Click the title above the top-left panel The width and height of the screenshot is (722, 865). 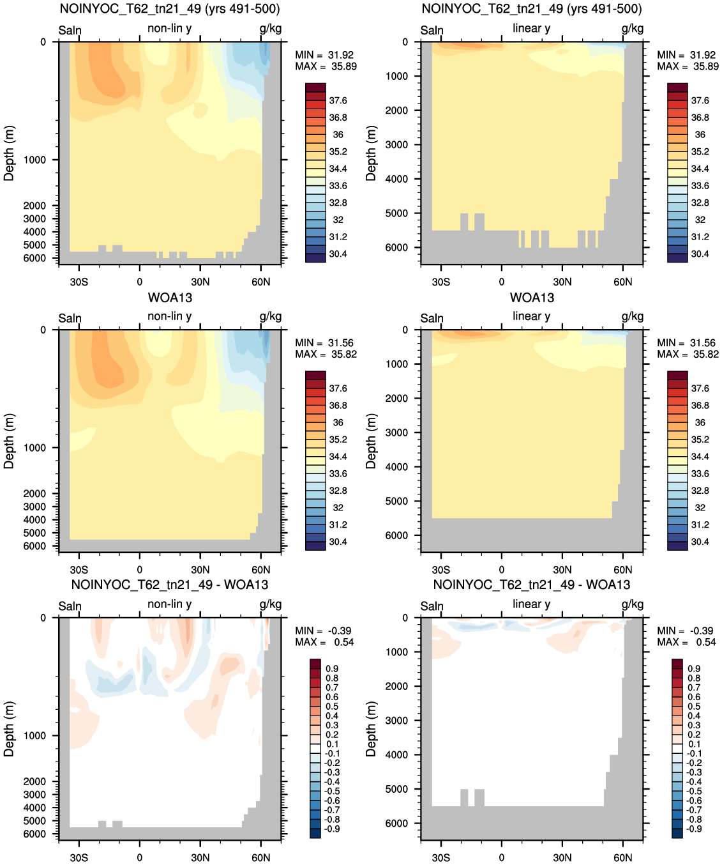[x=170, y=9]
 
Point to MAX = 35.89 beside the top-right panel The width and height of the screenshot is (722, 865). [x=688, y=66]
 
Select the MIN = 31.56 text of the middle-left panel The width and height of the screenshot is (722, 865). [x=324, y=342]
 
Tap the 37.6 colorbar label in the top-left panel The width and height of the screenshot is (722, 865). [x=338, y=100]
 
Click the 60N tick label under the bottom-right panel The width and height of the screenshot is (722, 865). [x=622, y=857]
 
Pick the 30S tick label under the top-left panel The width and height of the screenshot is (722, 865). [x=79, y=282]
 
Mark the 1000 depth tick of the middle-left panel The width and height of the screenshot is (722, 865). [x=34, y=447]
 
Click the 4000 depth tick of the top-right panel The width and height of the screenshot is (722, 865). [x=396, y=179]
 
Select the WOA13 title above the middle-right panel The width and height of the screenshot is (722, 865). [x=532, y=297]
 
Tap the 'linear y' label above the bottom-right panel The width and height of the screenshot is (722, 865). [x=532, y=604]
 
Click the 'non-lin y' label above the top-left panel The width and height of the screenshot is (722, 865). [x=170, y=28]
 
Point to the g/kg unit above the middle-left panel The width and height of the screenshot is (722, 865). [x=270, y=316]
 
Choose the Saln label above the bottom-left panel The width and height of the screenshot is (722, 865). [x=70, y=606]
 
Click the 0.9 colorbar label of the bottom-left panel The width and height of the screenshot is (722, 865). [x=332, y=669]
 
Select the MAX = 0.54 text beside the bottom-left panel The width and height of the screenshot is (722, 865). [x=324, y=642]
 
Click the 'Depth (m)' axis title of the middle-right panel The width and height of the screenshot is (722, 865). [x=370, y=441]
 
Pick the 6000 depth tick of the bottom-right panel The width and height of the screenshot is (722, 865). [x=396, y=823]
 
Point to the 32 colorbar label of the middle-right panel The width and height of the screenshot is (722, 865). [x=700, y=507]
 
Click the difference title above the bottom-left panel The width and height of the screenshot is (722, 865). [x=170, y=585]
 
